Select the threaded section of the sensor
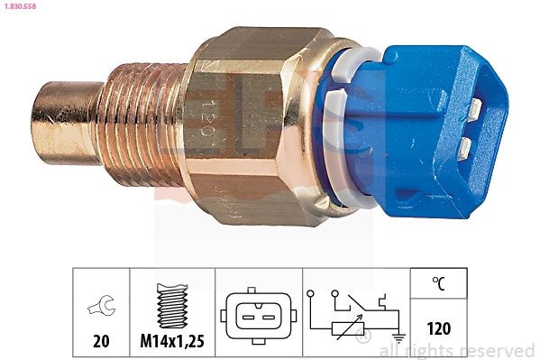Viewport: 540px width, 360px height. [140, 125]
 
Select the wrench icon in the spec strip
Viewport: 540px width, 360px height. [101, 308]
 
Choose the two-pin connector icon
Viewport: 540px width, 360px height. [258, 312]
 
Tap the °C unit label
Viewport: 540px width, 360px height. [438, 284]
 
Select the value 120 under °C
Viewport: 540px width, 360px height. [438, 328]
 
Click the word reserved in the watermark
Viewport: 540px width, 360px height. [500, 350]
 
